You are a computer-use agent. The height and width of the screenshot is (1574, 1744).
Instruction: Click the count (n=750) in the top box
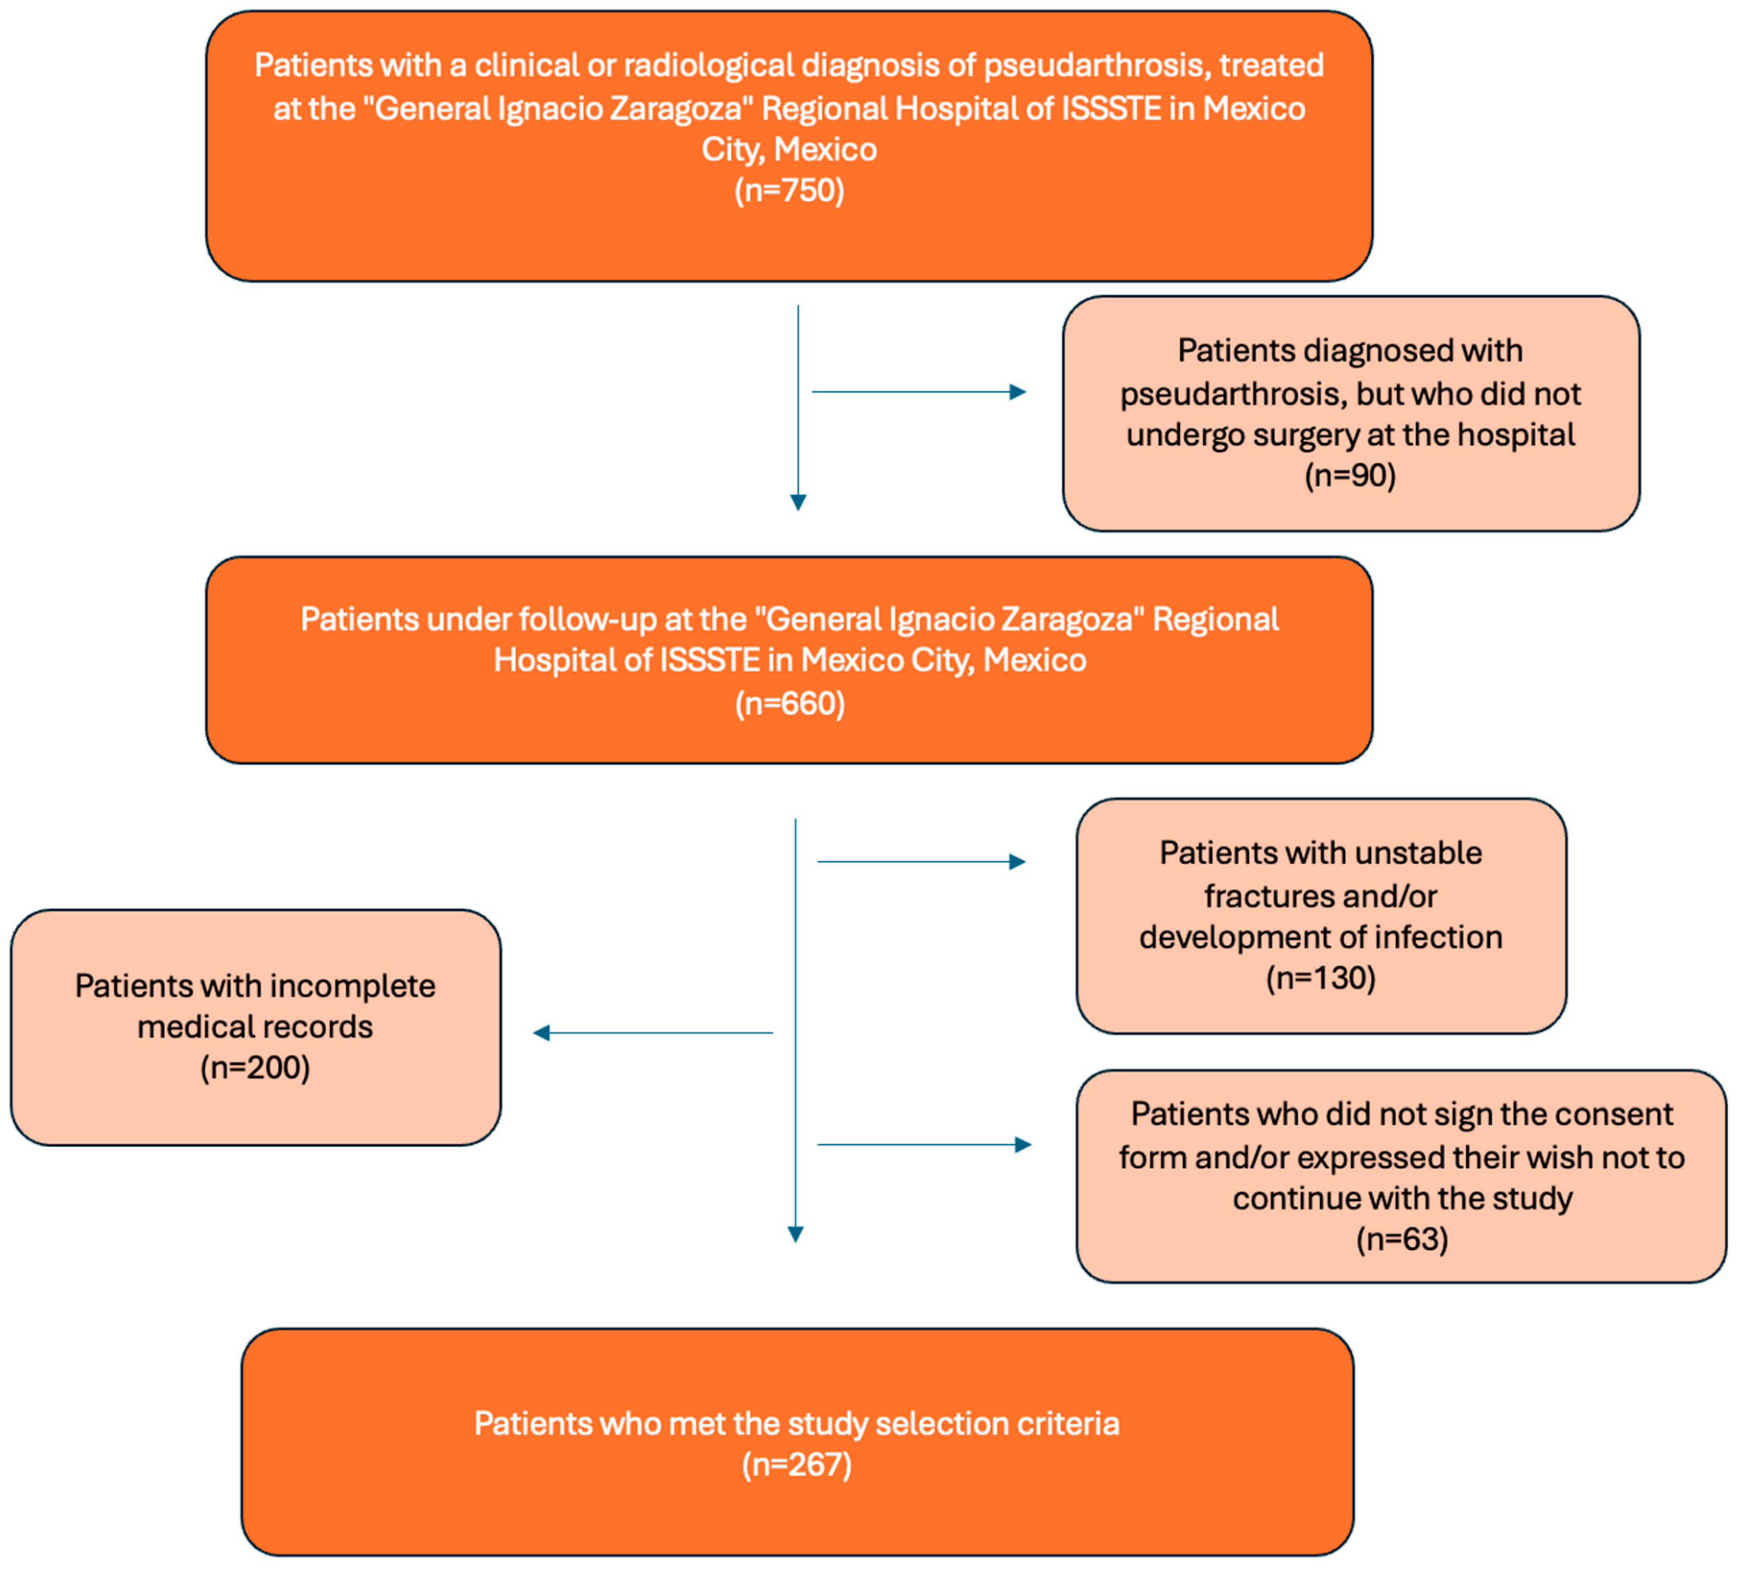coord(789,190)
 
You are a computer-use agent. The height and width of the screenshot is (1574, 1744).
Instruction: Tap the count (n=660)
coord(789,703)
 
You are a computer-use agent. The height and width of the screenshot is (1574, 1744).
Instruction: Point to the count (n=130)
coord(1320,978)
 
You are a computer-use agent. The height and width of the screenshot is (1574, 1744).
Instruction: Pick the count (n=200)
coord(255,1067)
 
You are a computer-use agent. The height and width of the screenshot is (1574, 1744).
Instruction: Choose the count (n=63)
coord(1401,1239)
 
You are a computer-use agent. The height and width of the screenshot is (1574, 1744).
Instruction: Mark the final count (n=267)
coord(796,1464)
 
